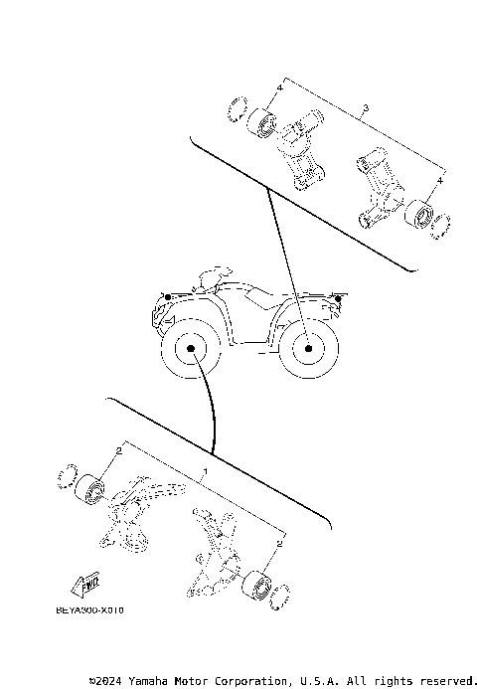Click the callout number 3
[367, 107]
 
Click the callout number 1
[206, 470]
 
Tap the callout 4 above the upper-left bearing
[280, 88]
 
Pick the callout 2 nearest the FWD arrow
[118, 451]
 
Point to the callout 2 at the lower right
[280, 545]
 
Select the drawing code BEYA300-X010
[90, 611]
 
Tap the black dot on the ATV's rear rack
[339, 298]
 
